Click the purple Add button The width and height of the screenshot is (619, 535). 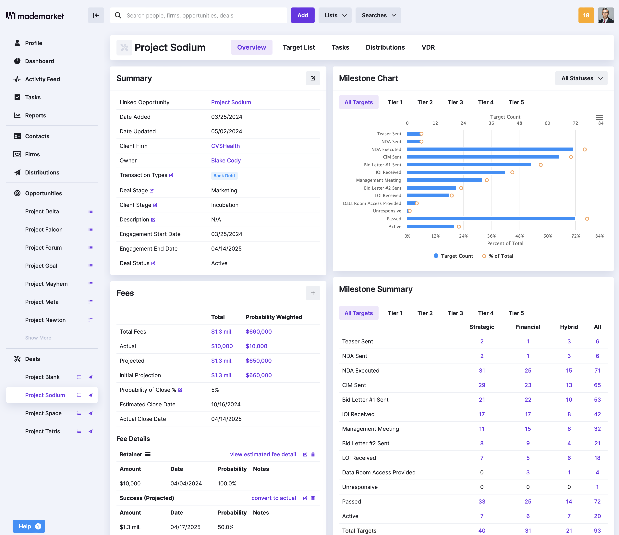pyautogui.click(x=302, y=15)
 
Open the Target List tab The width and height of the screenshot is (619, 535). pyautogui.click(x=298, y=47)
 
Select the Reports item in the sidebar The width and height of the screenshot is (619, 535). pyautogui.click(x=35, y=115)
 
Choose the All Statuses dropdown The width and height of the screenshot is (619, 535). pyautogui.click(x=581, y=78)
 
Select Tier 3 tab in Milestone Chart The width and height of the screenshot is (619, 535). pyautogui.click(x=455, y=102)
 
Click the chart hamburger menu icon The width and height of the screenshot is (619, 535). pyautogui.click(x=599, y=117)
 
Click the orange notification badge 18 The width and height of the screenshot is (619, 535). pyautogui.click(x=586, y=15)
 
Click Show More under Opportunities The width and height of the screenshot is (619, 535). pyautogui.click(x=38, y=338)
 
